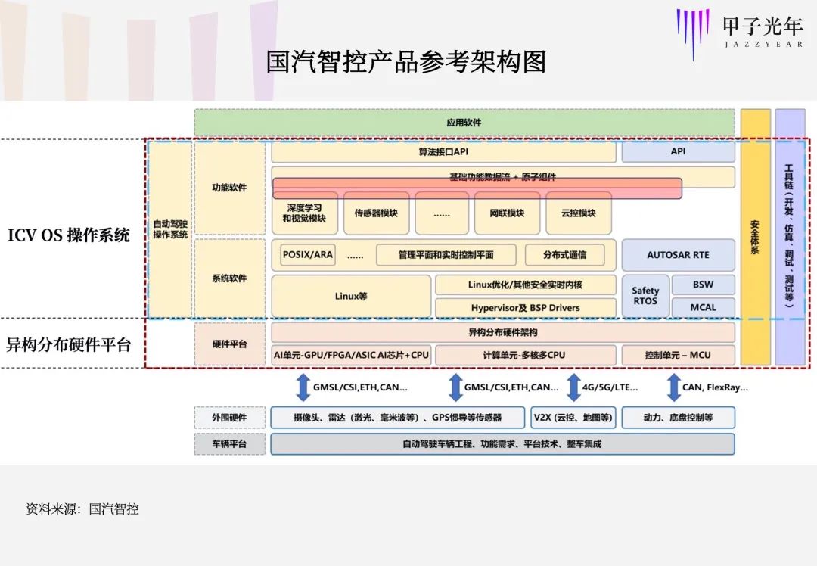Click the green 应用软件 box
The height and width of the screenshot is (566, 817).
pos(464,123)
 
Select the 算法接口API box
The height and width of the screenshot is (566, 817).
pos(443,152)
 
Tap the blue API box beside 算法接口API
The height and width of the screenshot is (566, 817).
pos(678,152)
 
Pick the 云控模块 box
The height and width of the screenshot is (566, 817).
pos(578,213)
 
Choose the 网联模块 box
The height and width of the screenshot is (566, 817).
pos(507,213)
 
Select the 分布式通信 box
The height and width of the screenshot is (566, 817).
pos(565,255)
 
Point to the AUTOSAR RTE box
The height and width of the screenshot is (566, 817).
pos(678,255)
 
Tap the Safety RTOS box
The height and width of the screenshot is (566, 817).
pos(645,296)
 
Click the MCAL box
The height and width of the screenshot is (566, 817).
pos(703,307)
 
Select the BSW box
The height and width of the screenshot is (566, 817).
pos(703,285)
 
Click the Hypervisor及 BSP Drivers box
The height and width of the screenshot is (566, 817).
pos(525,308)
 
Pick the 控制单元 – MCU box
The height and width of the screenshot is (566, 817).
pos(678,355)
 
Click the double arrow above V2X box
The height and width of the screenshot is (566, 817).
pos(573,387)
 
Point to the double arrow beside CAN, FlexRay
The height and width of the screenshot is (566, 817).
pos(673,387)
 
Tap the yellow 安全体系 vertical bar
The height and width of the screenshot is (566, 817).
pos(755,237)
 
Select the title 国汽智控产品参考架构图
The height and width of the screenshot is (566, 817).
pos(405,62)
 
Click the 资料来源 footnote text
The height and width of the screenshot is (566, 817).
pos(82,509)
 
